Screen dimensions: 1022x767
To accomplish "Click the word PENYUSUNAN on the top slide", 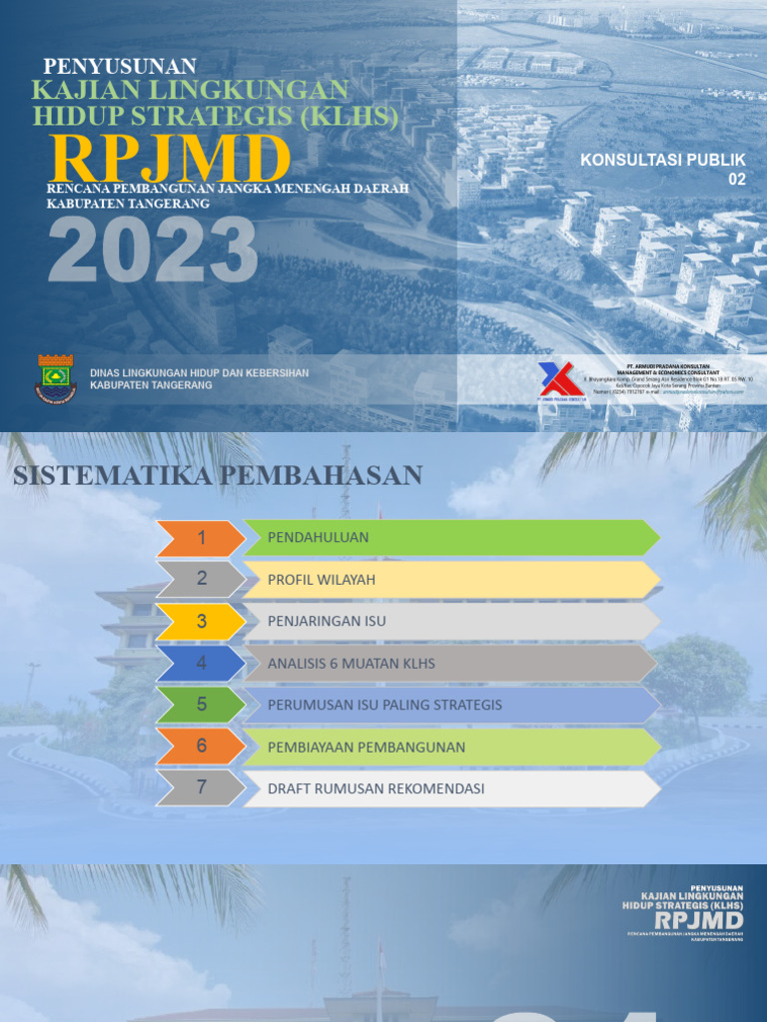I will [120, 67].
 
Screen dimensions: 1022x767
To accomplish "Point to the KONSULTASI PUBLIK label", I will [663, 160].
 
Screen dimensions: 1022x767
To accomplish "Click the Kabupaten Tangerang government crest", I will [56, 378].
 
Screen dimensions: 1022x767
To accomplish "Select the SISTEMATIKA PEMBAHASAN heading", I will [218, 476].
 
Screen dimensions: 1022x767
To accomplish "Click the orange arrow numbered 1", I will [201, 538].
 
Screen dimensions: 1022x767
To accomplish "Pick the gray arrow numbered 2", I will [201, 579].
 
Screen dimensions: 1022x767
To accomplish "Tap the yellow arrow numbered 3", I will [201, 621].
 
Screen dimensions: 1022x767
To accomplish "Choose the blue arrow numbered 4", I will [201, 663].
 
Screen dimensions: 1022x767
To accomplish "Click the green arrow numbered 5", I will [201, 705].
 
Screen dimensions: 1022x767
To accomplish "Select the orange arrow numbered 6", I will [201, 747].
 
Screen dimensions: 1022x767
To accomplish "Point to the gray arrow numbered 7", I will [201, 788].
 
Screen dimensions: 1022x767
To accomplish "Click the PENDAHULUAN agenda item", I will [319, 538].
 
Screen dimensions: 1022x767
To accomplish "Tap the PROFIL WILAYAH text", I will [322, 580].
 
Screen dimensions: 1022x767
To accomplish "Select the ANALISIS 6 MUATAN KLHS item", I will [352, 663].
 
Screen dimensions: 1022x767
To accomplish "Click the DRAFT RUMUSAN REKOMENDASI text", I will [376, 788].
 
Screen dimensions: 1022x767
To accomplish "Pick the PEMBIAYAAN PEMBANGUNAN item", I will [367, 747].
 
